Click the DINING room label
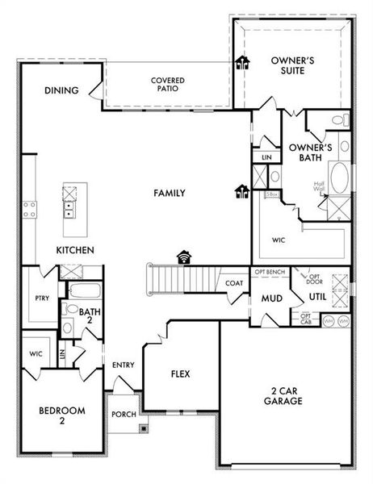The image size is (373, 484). [x=61, y=90]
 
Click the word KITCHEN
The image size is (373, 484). [x=75, y=251]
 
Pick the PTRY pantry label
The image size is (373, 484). [x=42, y=298]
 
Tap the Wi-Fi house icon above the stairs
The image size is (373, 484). [x=186, y=257]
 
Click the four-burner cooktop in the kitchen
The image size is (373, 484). [x=30, y=210]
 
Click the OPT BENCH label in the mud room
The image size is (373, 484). [x=271, y=273]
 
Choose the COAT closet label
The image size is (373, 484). [x=234, y=283]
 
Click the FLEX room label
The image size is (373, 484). [x=180, y=374]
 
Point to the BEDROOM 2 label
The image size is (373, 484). [x=61, y=415]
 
